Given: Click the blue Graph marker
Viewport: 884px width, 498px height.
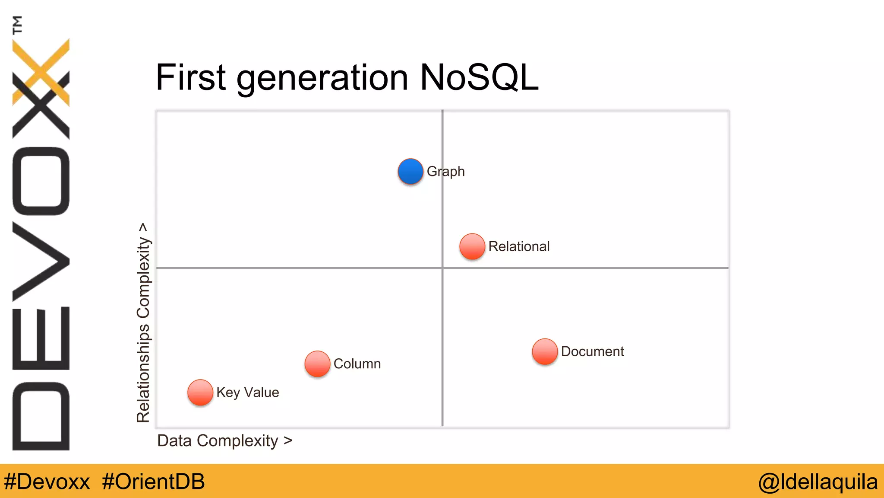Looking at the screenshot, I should (410, 171).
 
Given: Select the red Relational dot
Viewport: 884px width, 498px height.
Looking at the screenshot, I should (472, 246).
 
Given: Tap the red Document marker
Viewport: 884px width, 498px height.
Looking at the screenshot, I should (545, 351).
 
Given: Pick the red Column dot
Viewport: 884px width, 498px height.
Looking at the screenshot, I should (317, 364).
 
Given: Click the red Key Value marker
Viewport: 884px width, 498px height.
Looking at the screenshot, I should (200, 393).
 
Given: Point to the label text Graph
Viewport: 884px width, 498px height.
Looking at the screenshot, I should (445, 172).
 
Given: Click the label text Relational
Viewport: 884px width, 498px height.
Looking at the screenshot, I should (519, 246).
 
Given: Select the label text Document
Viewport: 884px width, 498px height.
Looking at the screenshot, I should (592, 351).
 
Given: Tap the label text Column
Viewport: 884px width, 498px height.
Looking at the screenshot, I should (357, 364).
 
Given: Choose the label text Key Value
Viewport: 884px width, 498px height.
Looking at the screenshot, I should (248, 393).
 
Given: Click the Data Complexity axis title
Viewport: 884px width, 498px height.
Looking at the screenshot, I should (224, 441).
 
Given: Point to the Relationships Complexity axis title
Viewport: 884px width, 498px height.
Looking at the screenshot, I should (143, 322).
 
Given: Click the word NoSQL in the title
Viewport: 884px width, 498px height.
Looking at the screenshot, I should (479, 78).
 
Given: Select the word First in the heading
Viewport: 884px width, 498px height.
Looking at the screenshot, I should (191, 78).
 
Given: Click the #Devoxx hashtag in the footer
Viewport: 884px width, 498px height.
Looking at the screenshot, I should (47, 482).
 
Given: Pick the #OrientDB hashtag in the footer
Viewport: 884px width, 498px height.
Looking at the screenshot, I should (153, 482).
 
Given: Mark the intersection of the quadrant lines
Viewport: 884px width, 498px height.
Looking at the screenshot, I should (442, 268).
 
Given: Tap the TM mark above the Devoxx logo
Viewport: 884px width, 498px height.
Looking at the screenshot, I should (17, 25).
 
